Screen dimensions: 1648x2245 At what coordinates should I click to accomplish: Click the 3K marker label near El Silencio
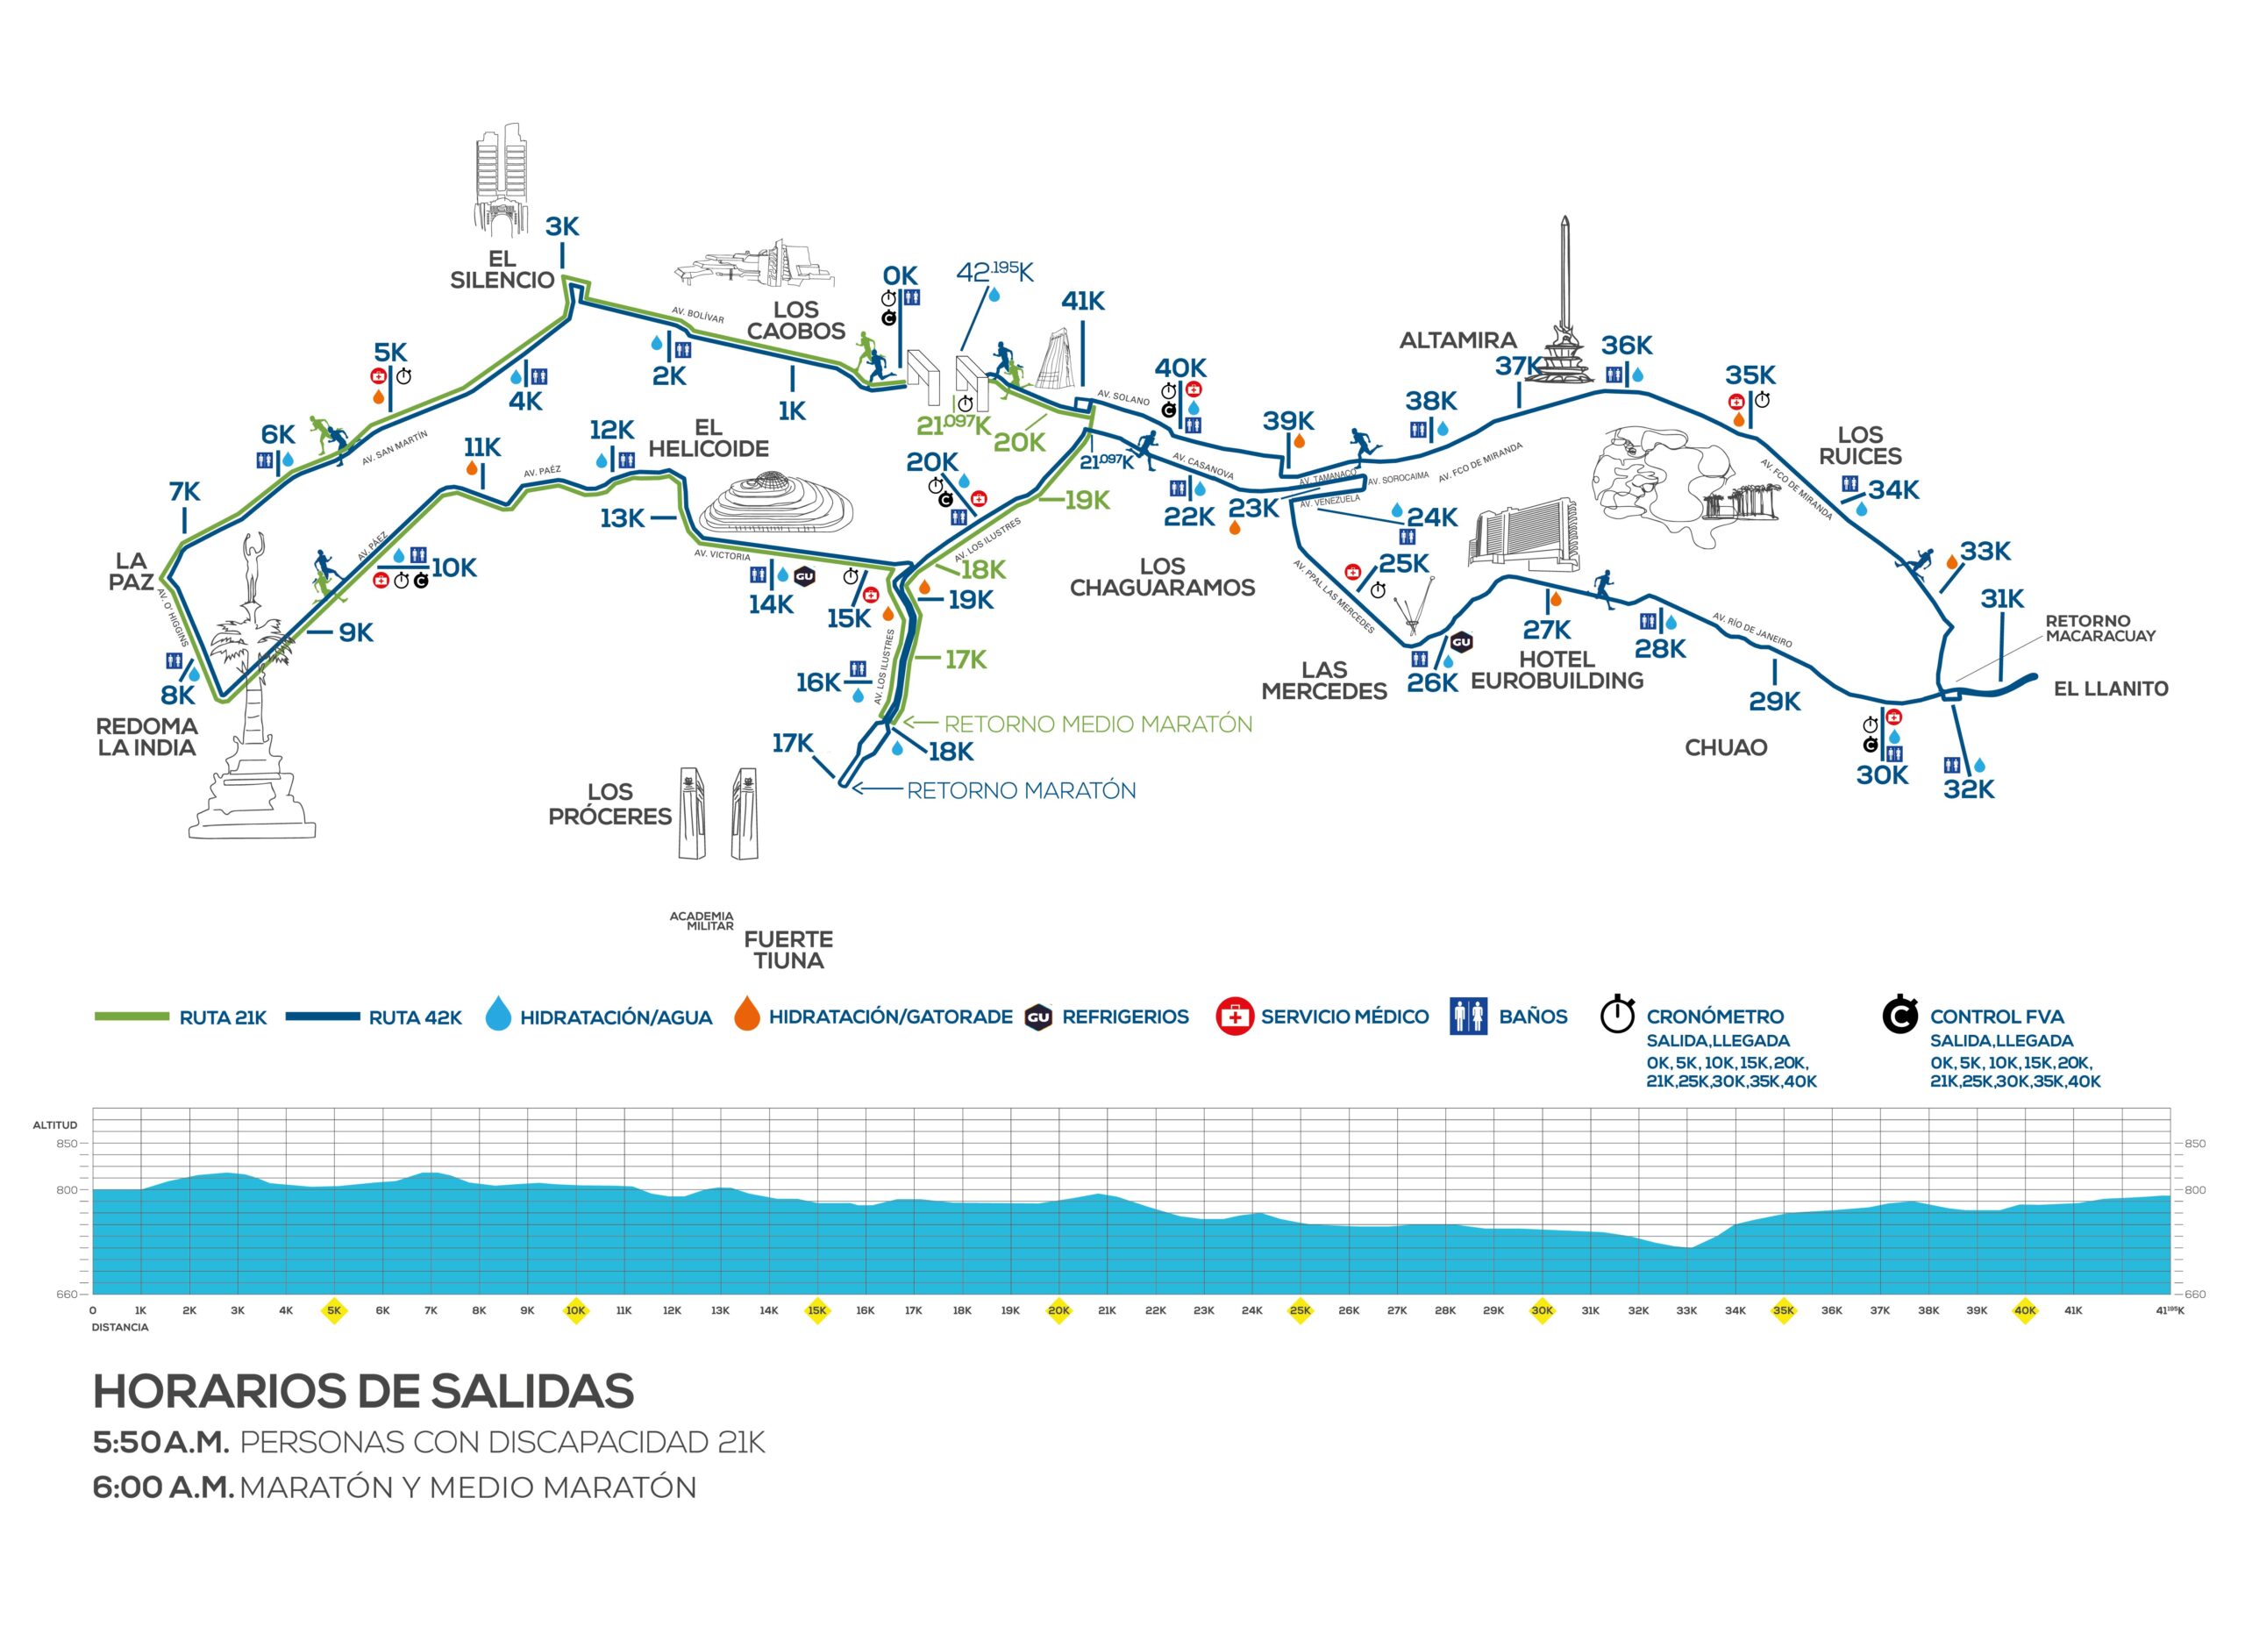click(561, 226)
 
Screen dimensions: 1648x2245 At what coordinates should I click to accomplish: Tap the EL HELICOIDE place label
click(708, 438)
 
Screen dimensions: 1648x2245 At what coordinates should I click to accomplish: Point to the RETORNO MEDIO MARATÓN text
click(1097, 724)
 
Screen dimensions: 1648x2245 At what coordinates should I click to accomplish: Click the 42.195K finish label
click(994, 271)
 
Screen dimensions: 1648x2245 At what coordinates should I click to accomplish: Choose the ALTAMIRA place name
click(1457, 340)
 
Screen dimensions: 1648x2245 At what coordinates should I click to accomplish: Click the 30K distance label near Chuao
click(1881, 775)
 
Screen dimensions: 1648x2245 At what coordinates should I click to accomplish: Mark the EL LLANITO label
click(2110, 688)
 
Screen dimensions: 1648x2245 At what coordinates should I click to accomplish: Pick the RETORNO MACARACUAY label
click(2100, 629)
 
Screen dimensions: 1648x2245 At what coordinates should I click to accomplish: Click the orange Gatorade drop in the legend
click(747, 1015)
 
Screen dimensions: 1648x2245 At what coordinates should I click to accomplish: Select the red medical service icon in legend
click(1234, 1017)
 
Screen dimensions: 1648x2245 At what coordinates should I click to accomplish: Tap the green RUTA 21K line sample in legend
click(132, 1017)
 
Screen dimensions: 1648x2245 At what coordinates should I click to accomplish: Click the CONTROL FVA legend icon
click(1900, 1015)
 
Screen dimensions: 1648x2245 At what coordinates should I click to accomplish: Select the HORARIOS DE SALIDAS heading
click(363, 1392)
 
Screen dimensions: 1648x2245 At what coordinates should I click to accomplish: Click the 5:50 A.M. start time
click(160, 1443)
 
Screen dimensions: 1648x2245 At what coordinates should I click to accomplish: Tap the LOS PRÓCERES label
click(609, 804)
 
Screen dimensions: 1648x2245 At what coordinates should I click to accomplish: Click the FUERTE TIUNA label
click(788, 950)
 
